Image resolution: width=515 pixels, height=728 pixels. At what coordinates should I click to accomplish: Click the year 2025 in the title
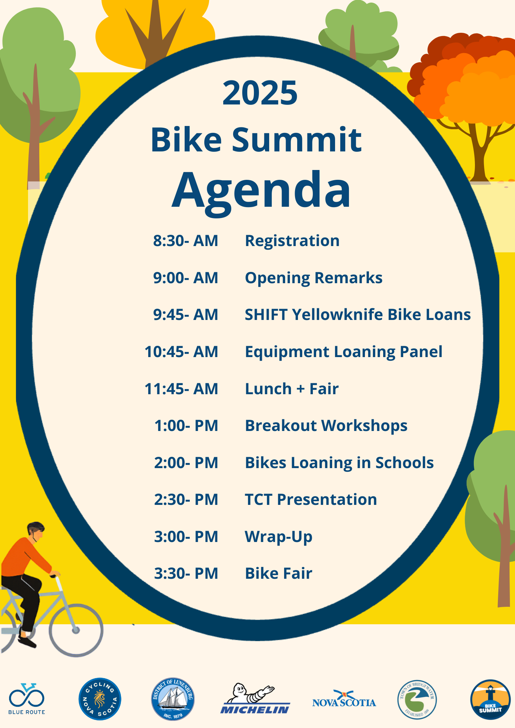pyautogui.click(x=260, y=93)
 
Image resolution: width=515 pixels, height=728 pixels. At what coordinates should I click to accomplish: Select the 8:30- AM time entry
pyautogui.click(x=185, y=241)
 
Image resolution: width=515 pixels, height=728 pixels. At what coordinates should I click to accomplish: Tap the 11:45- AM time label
pyautogui.click(x=181, y=389)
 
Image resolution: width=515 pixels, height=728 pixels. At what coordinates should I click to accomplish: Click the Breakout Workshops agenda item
pyautogui.click(x=326, y=426)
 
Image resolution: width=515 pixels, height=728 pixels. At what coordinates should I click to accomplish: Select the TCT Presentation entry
pyautogui.click(x=311, y=499)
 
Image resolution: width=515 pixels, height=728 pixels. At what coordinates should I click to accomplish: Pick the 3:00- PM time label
pyautogui.click(x=186, y=537)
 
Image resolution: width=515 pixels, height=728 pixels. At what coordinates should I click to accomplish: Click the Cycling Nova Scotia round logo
pyautogui.click(x=100, y=699)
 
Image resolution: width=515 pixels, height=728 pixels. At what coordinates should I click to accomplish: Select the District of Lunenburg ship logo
pyautogui.click(x=173, y=699)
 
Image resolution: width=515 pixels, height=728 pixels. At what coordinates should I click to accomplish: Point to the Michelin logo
pyautogui.click(x=255, y=698)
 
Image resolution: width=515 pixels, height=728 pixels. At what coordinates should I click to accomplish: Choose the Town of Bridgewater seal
pyautogui.click(x=417, y=699)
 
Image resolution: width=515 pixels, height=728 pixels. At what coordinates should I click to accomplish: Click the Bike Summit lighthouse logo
pyautogui.click(x=490, y=699)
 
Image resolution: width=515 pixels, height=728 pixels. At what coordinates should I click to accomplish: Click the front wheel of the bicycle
pyautogui.click(x=76, y=630)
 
